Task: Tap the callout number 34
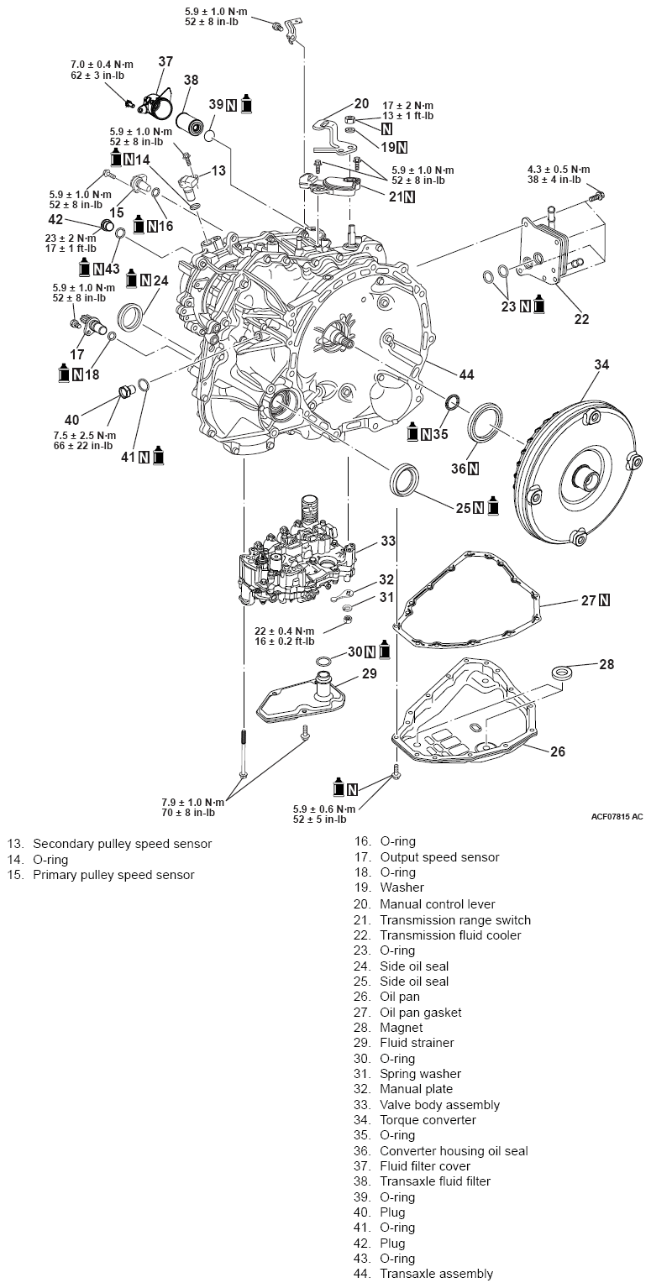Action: pos(601,364)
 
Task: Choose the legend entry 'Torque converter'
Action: pos(428,1119)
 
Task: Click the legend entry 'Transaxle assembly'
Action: pos(436,1274)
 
